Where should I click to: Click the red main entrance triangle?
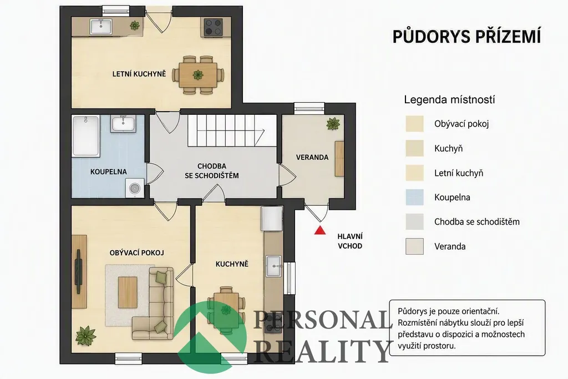[319, 230]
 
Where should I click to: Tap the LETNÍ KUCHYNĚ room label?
[139, 74]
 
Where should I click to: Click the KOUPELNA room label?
[108, 172]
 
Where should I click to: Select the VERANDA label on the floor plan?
[312, 157]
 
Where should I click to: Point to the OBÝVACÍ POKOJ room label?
[137, 252]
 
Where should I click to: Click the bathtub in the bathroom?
[86, 137]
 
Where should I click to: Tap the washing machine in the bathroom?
[135, 188]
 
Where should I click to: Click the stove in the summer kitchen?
[214, 28]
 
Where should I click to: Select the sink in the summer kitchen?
[101, 27]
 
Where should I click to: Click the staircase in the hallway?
[231, 130]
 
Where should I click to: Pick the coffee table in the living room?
[128, 292]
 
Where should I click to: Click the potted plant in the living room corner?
[86, 336]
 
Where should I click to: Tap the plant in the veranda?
[333, 124]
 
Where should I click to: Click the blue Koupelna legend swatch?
[414, 198]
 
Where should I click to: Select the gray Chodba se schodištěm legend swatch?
[414, 222]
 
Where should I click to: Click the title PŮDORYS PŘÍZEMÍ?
[466, 37]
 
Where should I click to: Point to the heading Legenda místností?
[449, 100]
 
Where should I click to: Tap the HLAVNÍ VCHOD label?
[350, 241]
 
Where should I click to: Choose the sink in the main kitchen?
[273, 266]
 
